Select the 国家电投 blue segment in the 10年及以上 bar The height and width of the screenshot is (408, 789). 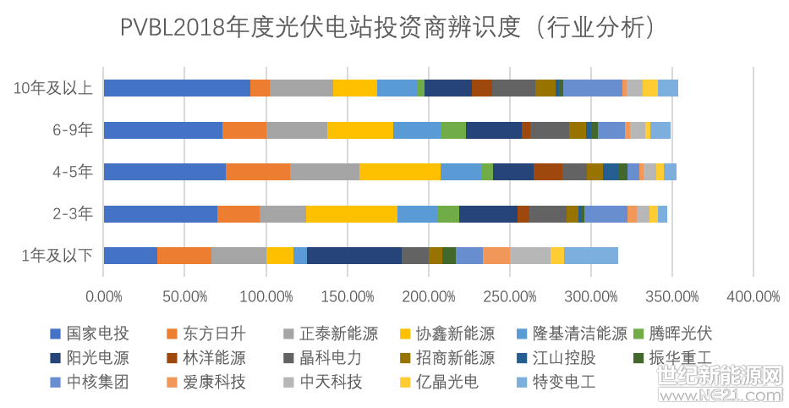tap(177, 88)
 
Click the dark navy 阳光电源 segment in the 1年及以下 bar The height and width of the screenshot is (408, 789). tap(354, 256)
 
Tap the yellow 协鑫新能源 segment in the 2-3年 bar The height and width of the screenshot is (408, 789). tap(352, 214)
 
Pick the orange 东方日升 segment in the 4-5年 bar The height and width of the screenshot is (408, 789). tap(258, 172)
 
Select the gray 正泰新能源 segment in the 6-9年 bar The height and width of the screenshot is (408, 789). tap(297, 130)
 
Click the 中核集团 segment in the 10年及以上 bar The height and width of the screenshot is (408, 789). tap(592, 88)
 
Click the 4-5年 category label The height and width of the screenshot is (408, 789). tap(72, 172)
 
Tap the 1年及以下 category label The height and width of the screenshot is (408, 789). tap(58, 256)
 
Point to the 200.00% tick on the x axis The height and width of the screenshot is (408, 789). tap(429, 298)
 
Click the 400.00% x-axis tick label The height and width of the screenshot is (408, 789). tap(753, 298)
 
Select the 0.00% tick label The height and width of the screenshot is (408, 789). tap(103, 298)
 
